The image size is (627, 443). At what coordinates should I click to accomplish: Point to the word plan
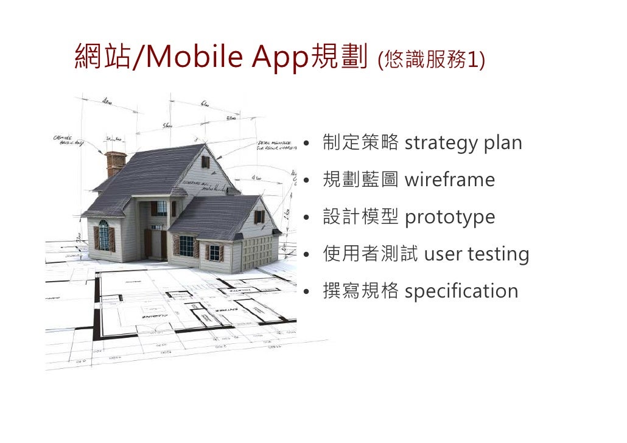(x=503, y=144)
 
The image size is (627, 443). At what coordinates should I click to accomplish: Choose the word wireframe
(x=449, y=180)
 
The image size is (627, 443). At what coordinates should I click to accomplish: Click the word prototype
(x=450, y=217)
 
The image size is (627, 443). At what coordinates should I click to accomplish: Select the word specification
(x=461, y=291)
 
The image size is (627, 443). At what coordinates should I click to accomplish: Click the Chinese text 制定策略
(x=360, y=143)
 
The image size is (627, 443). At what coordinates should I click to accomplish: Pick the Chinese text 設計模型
(x=360, y=217)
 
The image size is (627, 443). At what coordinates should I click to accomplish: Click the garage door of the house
(x=259, y=251)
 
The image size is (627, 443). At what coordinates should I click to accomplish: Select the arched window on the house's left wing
(x=104, y=234)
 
